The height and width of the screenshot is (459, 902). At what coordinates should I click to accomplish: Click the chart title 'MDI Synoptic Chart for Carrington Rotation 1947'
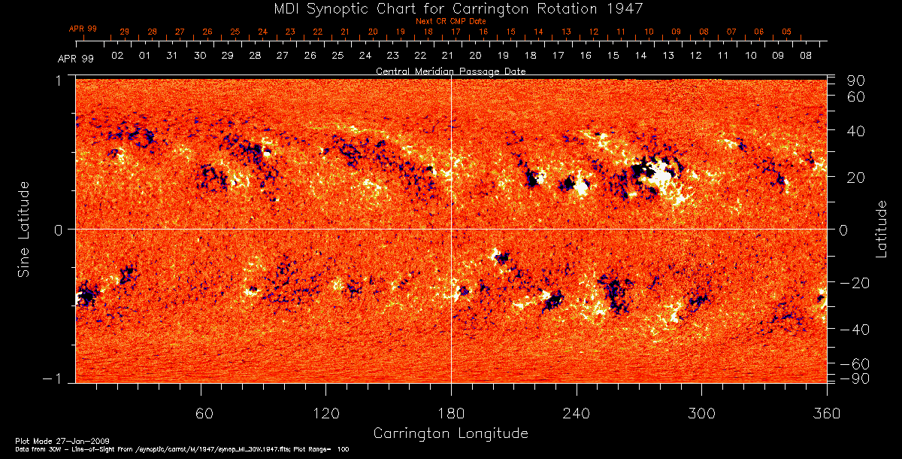(x=450, y=9)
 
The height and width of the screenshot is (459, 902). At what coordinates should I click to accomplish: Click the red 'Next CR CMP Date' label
(x=450, y=21)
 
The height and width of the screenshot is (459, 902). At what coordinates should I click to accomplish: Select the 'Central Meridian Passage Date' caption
(x=450, y=71)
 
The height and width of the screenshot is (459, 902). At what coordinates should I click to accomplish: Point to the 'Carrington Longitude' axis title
(x=450, y=433)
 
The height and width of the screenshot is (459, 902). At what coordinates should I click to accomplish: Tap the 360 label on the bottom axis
(x=826, y=413)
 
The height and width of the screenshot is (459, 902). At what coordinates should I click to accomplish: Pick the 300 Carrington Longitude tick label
(x=701, y=413)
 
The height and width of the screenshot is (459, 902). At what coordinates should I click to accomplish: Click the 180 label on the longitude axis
(x=451, y=413)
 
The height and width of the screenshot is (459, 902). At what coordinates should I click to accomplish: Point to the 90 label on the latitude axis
(x=858, y=81)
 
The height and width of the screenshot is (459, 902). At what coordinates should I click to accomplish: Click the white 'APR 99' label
(x=75, y=59)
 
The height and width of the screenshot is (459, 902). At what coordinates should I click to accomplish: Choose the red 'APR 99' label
(x=83, y=29)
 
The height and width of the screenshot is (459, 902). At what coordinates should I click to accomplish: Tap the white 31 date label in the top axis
(x=172, y=56)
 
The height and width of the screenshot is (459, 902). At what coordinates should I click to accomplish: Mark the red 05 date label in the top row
(x=786, y=32)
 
